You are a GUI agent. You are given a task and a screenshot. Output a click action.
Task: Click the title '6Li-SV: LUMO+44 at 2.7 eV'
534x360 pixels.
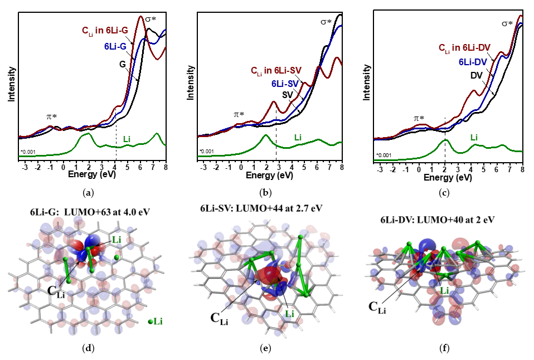click(261, 208)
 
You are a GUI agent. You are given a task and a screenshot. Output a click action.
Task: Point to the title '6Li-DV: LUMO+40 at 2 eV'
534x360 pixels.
click(441, 220)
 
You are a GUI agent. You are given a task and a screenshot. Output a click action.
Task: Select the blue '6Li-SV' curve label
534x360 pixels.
click(286, 84)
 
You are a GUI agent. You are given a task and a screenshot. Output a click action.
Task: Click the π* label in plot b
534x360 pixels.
click(239, 114)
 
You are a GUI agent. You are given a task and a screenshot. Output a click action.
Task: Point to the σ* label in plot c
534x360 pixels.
click(507, 23)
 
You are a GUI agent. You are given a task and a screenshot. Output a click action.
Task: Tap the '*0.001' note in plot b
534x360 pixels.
click(207, 151)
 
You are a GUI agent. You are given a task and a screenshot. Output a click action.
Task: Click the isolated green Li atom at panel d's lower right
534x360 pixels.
click(152, 322)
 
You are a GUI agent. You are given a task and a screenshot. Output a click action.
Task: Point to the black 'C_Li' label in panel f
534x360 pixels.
click(377, 307)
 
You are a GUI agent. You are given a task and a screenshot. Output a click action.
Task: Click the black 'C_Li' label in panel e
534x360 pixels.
click(219, 318)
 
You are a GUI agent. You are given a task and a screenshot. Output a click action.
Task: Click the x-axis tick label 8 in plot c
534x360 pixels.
click(522, 169)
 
